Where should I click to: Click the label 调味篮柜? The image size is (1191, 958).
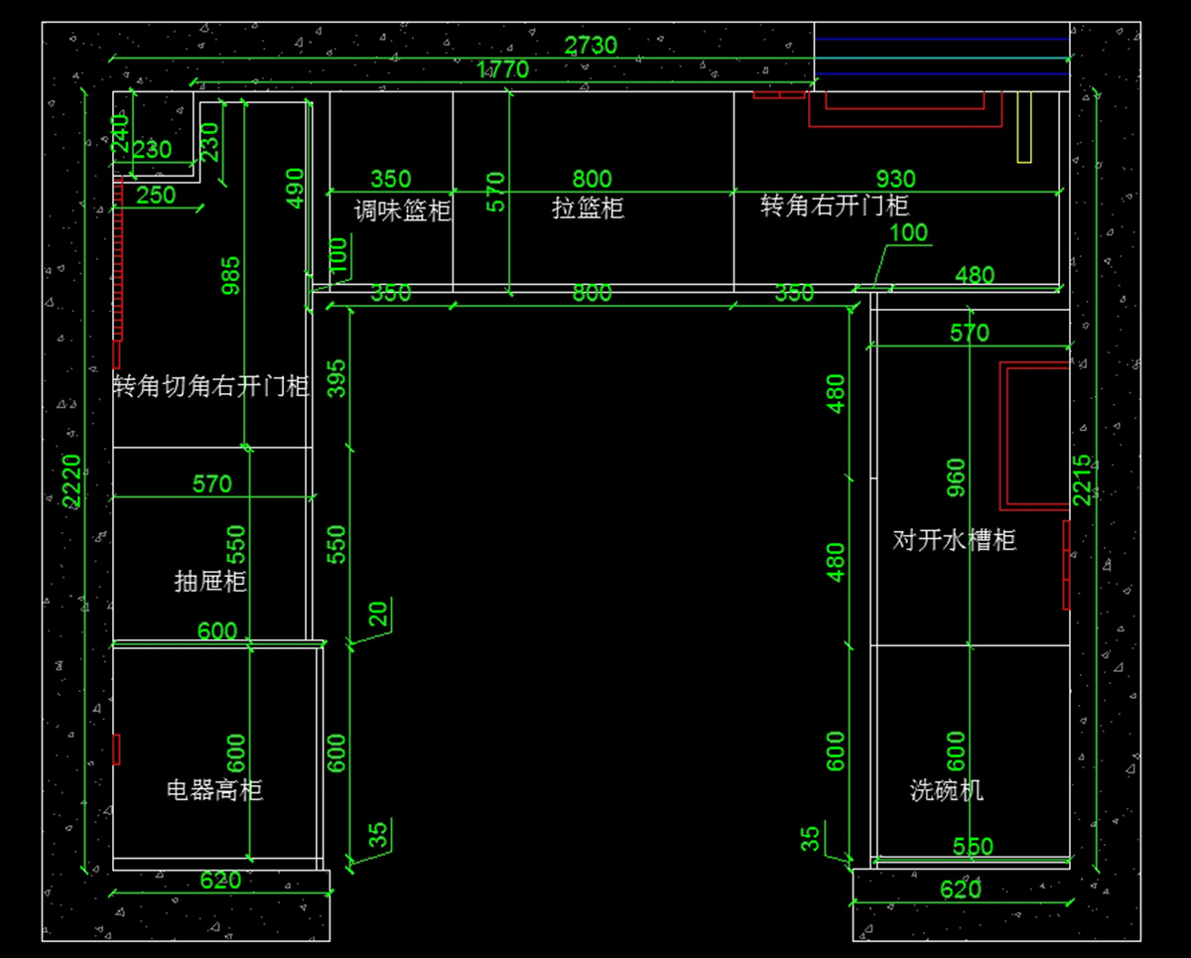402,210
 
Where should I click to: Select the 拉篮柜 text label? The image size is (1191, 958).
588,208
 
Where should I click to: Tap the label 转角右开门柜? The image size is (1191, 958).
835,205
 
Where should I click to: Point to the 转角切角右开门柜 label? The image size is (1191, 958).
211,386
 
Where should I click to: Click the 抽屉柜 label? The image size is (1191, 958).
210,581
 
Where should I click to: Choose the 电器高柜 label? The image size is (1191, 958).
214,790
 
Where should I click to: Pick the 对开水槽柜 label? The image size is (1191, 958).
955,541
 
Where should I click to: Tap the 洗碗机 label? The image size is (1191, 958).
947,790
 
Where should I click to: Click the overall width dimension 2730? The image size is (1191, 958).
591,46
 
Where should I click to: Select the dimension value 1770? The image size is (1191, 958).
503,69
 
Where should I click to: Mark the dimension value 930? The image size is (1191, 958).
895,180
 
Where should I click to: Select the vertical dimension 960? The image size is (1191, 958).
956,478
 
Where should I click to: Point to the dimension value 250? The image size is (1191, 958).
156,196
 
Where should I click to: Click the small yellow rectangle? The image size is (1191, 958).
1024,127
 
